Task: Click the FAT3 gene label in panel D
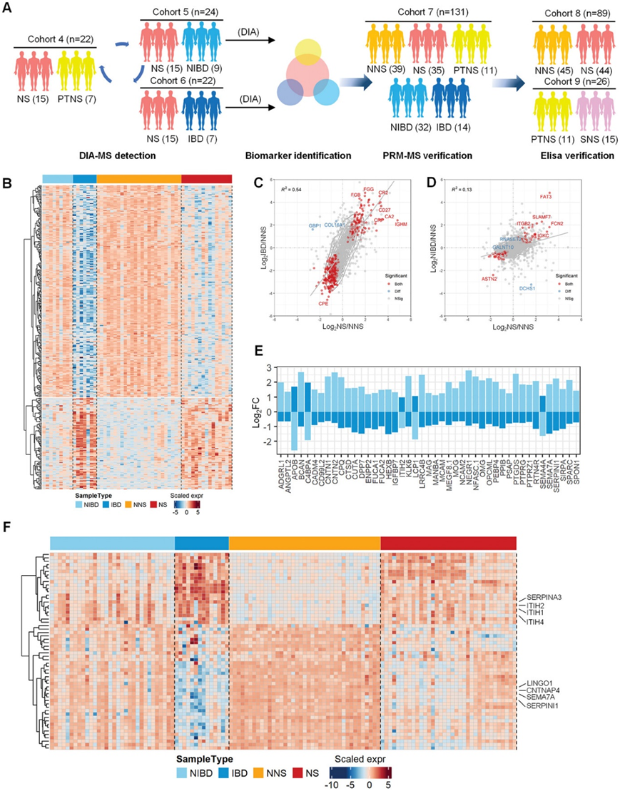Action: [x=546, y=196]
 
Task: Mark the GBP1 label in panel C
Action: [x=315, y=226]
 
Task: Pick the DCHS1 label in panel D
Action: [x=528, y=289]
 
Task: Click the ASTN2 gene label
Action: [x=489, y=279]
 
